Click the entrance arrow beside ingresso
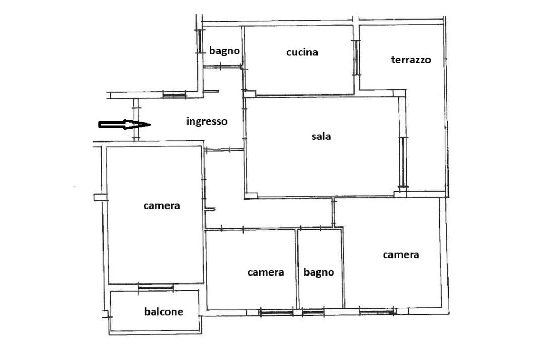coord(124,125)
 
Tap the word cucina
coord(302,52)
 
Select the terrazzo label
coord(411,60)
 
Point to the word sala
coord(321,136)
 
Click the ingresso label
coord(207,121)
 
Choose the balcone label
coord(164,312)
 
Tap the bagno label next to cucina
coord(224,51)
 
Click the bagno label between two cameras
coord(319,272)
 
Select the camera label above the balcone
coord(162,206)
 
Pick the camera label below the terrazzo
coord(401,255)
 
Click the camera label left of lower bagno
coord(266,272)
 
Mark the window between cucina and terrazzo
coord(356,58)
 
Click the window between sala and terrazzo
coord(403,162)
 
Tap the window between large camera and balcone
coord(156,287)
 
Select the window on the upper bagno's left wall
coord(199,41)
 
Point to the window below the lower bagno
coord(313,312)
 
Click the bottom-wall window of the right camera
coord(376,312)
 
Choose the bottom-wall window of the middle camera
coord(276,312)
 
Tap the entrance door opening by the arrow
coord(136,120)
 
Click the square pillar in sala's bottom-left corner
coord(251,195)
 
